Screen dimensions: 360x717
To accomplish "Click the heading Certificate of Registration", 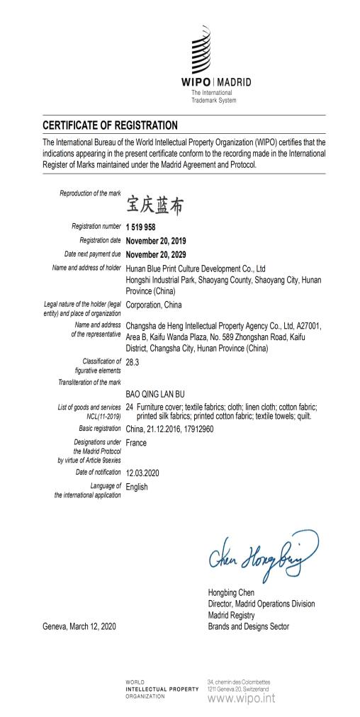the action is coord(109,125).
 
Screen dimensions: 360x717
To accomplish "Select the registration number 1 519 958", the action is coord(140,227).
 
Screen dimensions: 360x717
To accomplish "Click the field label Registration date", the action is coord(96,241).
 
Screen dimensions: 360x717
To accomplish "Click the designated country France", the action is coord(136,443).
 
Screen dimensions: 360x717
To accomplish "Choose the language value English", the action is coord(137,487).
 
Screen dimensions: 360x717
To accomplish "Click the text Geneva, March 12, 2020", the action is coord(79,627).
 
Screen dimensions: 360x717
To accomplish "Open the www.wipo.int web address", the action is coord(241,699).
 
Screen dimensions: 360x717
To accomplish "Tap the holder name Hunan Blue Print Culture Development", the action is coord(196,269).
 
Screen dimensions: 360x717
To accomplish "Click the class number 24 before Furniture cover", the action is coord(130,407).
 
